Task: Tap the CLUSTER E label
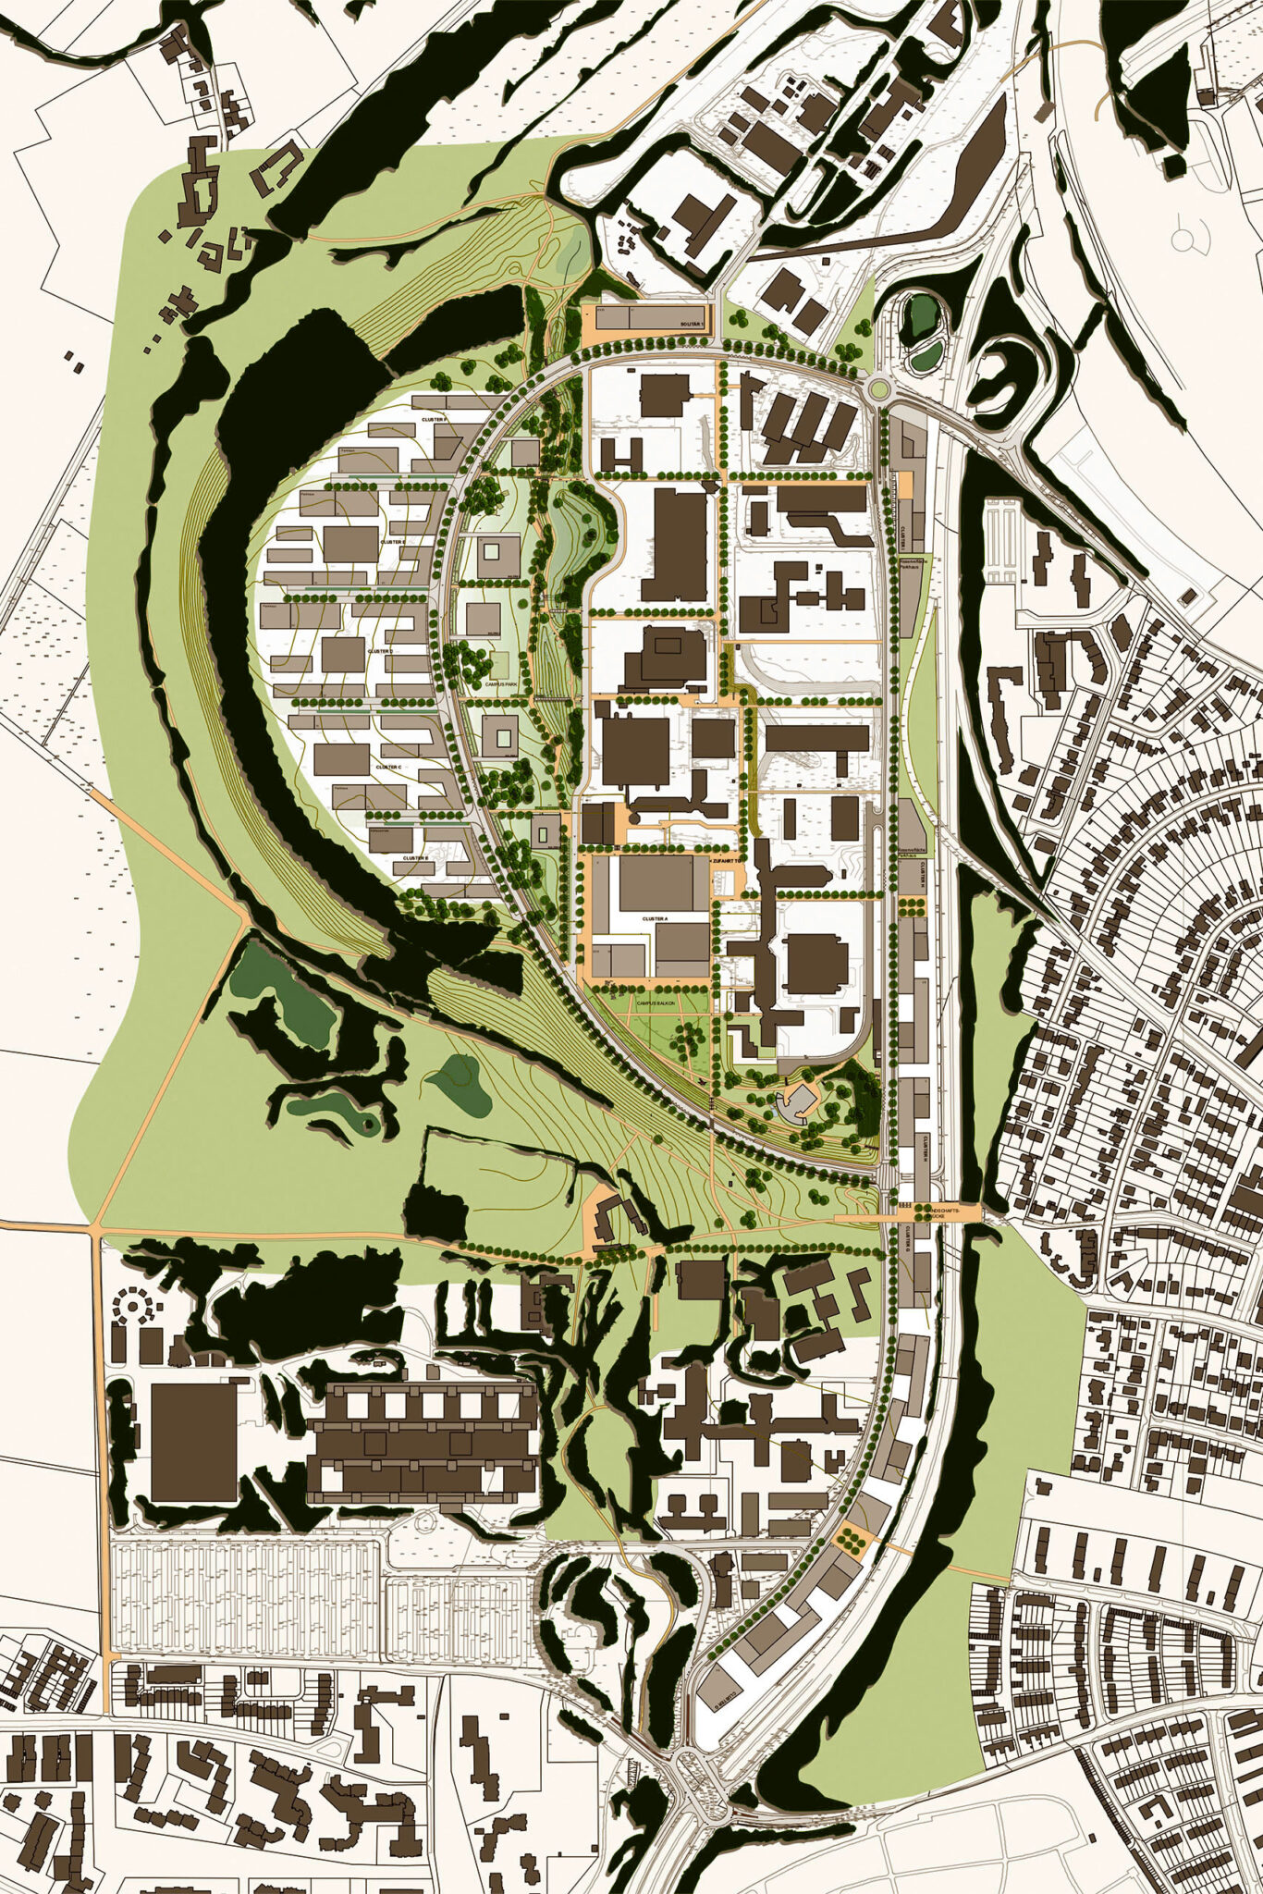pyautogui.click(x=390, y=543)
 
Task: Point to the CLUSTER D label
pyautogui.click(x=380, y=651)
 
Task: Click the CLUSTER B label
pyautogui.click(x=415, y=858)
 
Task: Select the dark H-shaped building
pyautogui.click(x=622, y=454)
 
